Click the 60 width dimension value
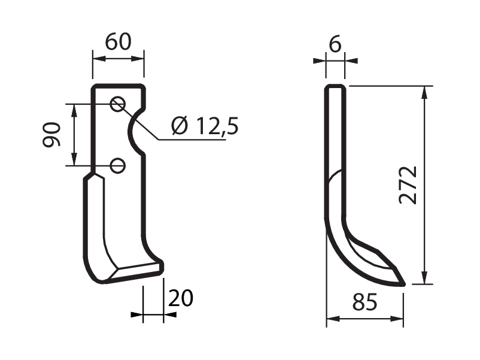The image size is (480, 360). (x=118, y=42)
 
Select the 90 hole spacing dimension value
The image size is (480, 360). (x=51, y=134)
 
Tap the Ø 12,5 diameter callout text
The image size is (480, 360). (x=205, y=126)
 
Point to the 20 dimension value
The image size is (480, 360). (x=181, y=298)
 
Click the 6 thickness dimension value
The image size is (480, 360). (x=335, y=44)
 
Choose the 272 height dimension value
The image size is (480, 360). (x=408, y=185)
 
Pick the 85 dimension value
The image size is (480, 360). (x=364, y=302)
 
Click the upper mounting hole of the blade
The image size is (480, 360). (x=117, y=104)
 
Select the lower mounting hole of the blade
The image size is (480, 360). (x=117, y=166)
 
